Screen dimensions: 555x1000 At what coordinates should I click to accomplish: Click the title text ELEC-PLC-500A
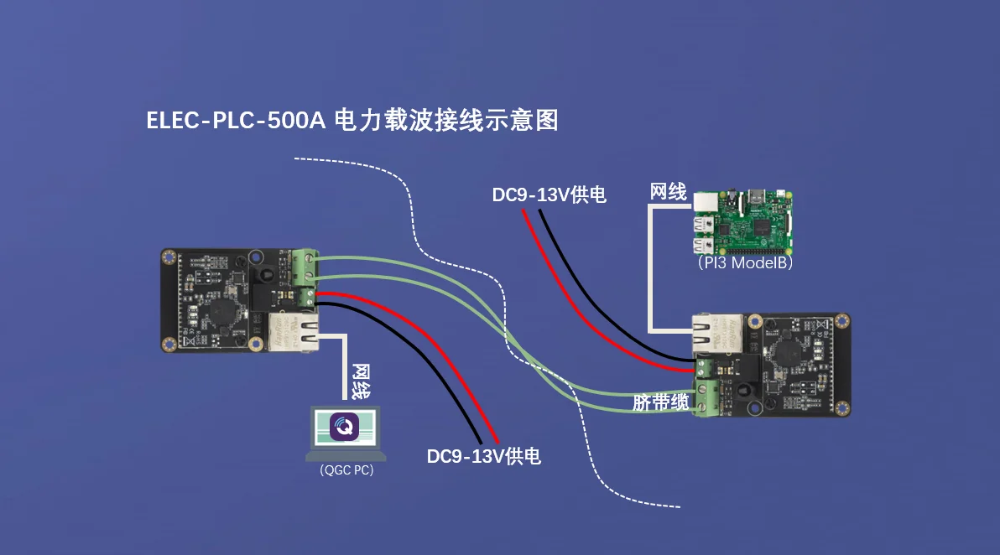tap(236, 121)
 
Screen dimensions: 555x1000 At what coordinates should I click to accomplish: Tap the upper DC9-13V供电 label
tap(549, 195)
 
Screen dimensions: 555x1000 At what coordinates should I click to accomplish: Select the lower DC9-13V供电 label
tap(483, 457)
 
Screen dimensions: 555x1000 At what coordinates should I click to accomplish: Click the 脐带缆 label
tap(660, 402)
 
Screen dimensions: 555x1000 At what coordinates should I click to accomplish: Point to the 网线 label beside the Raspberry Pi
tap(668, 193)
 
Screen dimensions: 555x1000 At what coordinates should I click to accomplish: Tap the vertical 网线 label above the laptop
tap(361, 381)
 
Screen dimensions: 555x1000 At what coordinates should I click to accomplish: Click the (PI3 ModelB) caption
tap(744, 262)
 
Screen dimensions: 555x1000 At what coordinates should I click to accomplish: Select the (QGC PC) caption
tap(346, 471)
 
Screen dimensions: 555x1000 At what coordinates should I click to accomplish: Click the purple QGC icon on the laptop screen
tap(346, 426)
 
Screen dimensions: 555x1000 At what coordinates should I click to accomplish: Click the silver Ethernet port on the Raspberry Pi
tap(706, 203)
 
